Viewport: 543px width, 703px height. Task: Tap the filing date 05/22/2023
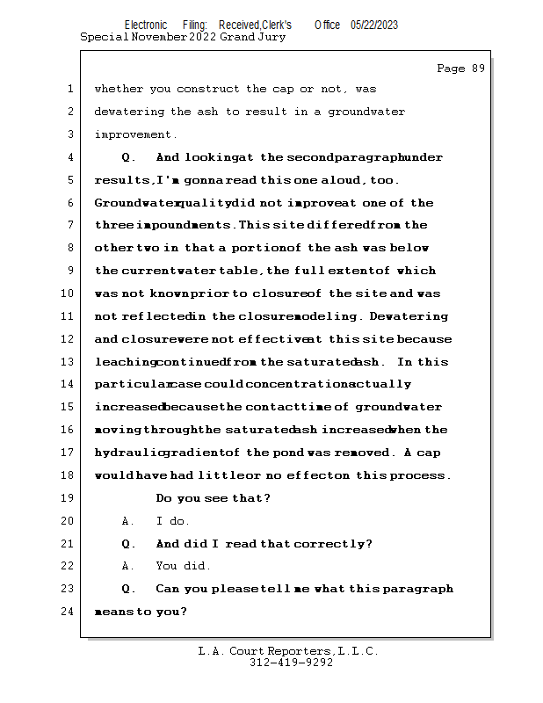pos(373,25)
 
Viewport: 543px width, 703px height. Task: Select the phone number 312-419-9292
pos(291,663)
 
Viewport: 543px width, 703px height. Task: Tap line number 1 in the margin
pos(70,89)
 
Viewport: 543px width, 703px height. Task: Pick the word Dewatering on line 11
pos(409,316)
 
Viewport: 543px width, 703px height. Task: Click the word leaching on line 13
pos(126,362)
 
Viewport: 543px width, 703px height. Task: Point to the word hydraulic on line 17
pos(130,453)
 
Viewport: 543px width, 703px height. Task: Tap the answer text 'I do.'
pos(172,521)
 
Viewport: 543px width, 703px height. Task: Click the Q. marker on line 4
pos(128,158)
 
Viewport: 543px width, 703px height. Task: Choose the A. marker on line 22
pos(128,566)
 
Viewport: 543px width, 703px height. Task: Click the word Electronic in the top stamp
pos(146,25)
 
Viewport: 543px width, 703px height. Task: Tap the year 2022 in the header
pos(202,37)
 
